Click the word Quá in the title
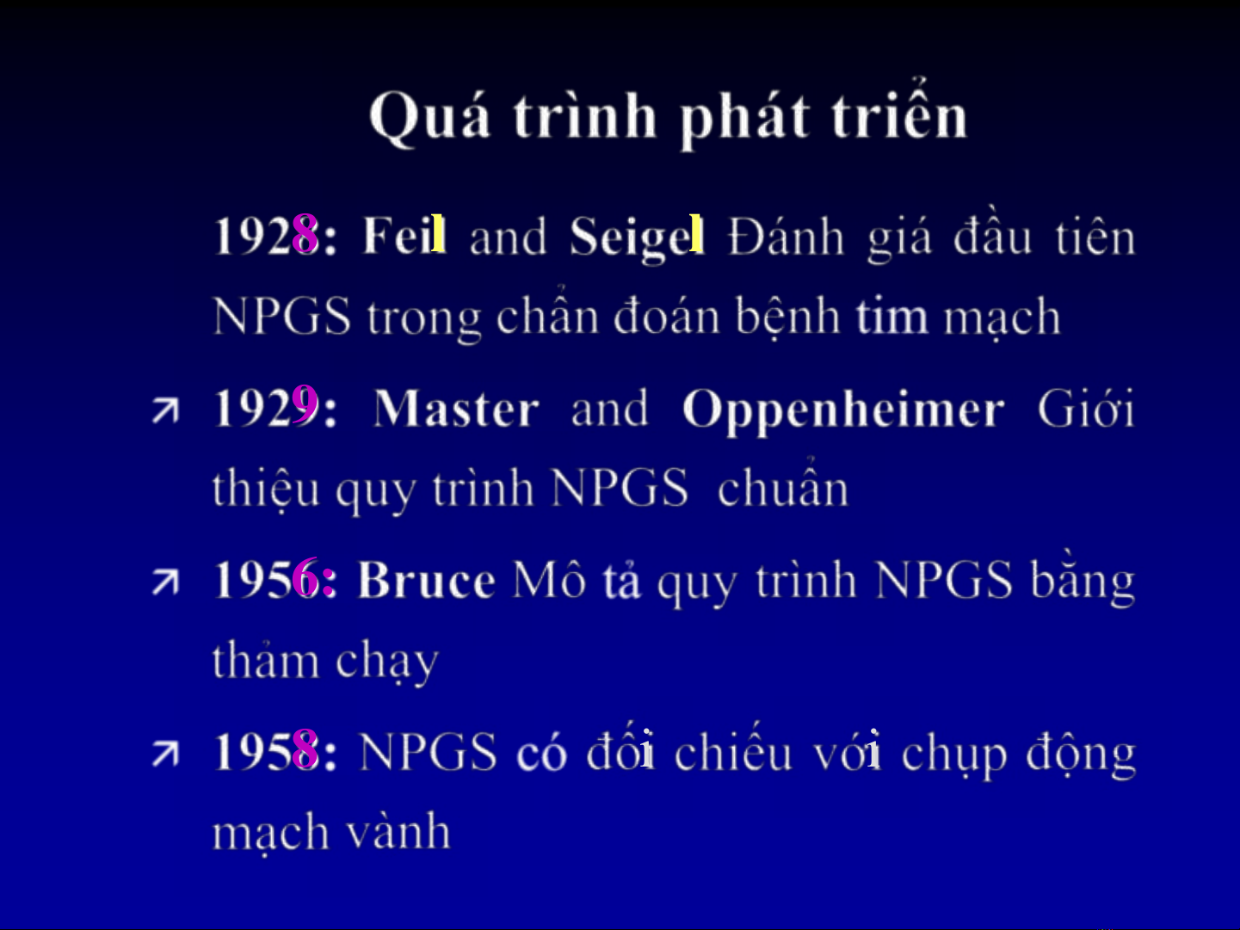pos(429,118)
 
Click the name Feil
pos(404,235)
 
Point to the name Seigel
pos(637,238)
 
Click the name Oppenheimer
pos(843,411)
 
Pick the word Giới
pos(1086,407)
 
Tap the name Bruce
pos(427,579)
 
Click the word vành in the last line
pos(398,830)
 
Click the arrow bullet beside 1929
pos(165,410)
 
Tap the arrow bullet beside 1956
pos(165,582)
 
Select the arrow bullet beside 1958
pos(165,755)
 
